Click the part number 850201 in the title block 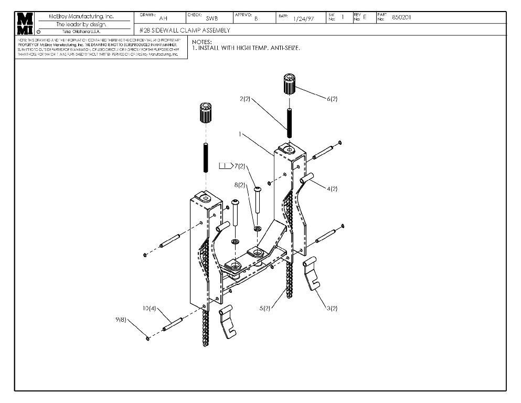pyautogui.click(x=401, y=17)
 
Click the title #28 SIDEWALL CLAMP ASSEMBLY pyautogui.click(x=185, y=30)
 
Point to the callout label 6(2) pyautogui.click(x=332, y=98)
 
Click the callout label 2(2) pyautogui.click(x=244, y=99)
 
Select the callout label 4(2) pyautogui.click(x=332, y=188)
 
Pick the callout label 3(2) pyautogui.click(x=332, y=308)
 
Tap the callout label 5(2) pyautogui.click(x=265, y=308)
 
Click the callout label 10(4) pyautogui.click(x=150, y=308)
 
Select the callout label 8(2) pyautogui.click(x=240, y=185)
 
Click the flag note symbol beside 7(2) pyautogui.click(x=225, y=166)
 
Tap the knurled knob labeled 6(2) pyautogui.click(x=288, y=84)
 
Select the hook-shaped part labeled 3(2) pyautogui.click(x=313, y=273)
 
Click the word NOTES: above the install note pyautogui.click(x=203, y=41)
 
